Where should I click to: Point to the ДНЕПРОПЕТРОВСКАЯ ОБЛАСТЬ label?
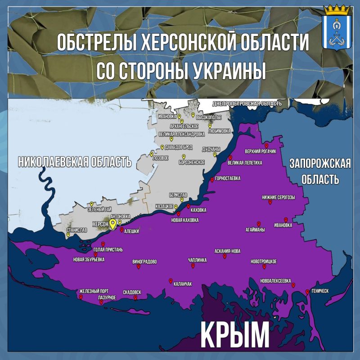click(247, 103)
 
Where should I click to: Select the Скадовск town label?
click(132, 292)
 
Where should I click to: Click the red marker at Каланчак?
click(171, 281)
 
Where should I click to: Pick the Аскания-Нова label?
click(229, 252)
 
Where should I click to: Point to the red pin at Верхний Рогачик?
click(266, 146)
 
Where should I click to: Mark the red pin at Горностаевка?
click(212, 180)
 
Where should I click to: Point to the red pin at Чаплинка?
click(193, 266)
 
